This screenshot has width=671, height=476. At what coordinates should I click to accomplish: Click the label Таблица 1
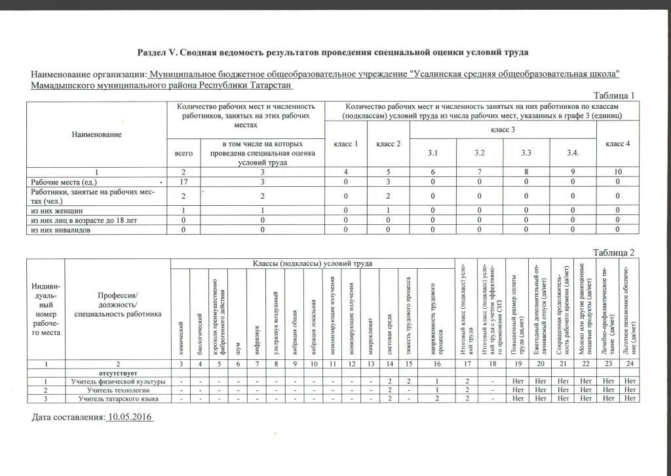tap(613, 96)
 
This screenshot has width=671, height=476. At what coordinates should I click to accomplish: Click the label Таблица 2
tap(613, 253)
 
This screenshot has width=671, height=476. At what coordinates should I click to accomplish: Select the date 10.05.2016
tap(130, 417)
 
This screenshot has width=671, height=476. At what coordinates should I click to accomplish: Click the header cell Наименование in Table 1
tap(97, 134)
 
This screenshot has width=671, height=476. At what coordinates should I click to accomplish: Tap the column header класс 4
tap(617, 144)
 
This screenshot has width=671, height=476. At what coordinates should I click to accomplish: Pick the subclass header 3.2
tap(480, 153)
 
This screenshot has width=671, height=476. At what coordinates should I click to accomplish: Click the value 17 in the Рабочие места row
tap(184, 181)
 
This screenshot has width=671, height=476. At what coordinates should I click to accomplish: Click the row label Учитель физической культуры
tap(118, 382)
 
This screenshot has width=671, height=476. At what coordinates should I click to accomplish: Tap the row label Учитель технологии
tap(118, 390)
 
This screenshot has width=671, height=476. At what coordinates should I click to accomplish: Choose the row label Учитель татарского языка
tap(118, 399)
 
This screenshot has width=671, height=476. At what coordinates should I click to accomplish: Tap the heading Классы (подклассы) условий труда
tap(313, 264)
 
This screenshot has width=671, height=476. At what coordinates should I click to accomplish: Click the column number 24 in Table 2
tap(630, 363)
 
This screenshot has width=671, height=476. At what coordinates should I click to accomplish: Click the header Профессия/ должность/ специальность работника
tap(118, 305)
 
